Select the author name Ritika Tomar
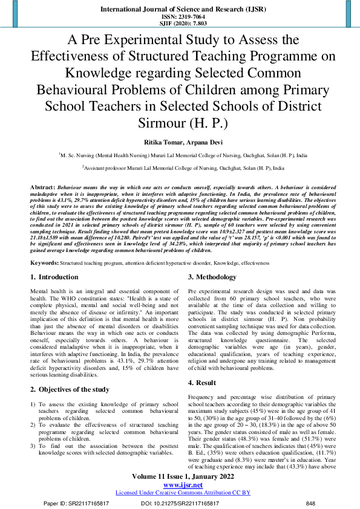click(x=160, y=143)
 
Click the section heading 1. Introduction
click(x=54, y=277)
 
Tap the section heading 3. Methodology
click(x=212, y=277)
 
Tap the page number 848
click(x=311, y=503)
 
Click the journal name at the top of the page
click(x=180, y=9)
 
